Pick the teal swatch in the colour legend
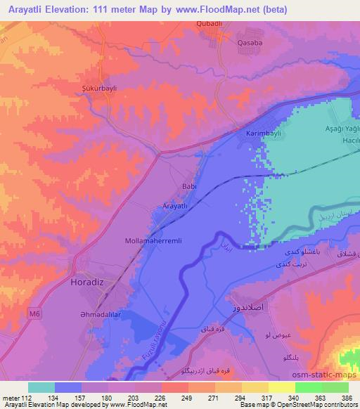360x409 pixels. (x=41, y=387)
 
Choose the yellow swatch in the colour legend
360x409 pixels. (x=282, y=387)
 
